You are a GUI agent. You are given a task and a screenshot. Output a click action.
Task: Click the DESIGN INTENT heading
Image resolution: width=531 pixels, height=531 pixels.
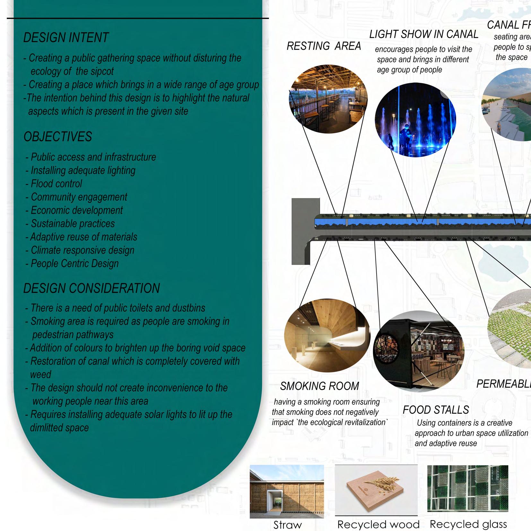coord(66,38)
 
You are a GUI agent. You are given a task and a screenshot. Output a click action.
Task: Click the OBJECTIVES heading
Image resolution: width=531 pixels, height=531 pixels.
coord(58,137)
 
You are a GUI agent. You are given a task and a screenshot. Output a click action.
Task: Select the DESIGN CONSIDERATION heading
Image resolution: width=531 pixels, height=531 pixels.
coord(91,288)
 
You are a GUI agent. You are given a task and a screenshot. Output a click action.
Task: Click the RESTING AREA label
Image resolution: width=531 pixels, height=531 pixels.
coord(324,47)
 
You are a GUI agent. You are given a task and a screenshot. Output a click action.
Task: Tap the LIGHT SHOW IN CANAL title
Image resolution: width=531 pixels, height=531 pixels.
coord(424,34)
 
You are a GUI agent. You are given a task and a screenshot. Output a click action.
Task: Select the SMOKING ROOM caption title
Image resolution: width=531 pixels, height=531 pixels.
coord(319,386)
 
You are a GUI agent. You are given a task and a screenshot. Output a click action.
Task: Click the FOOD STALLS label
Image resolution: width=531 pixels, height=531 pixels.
coord(436,410)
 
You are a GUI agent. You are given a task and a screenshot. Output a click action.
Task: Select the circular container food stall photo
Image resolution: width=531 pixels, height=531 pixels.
coord(419,351)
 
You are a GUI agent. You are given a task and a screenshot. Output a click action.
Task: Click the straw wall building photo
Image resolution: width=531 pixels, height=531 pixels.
coord(287,491)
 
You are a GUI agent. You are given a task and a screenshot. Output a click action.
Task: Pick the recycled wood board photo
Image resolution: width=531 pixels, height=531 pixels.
coord(376,490)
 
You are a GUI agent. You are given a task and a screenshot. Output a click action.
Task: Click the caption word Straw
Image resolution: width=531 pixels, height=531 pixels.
coord(288,525)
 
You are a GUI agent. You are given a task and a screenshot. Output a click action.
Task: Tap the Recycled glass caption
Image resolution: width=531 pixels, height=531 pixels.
coord(468,524)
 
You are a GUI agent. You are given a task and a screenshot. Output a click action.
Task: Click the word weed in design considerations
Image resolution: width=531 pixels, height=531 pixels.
coord(40,375)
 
